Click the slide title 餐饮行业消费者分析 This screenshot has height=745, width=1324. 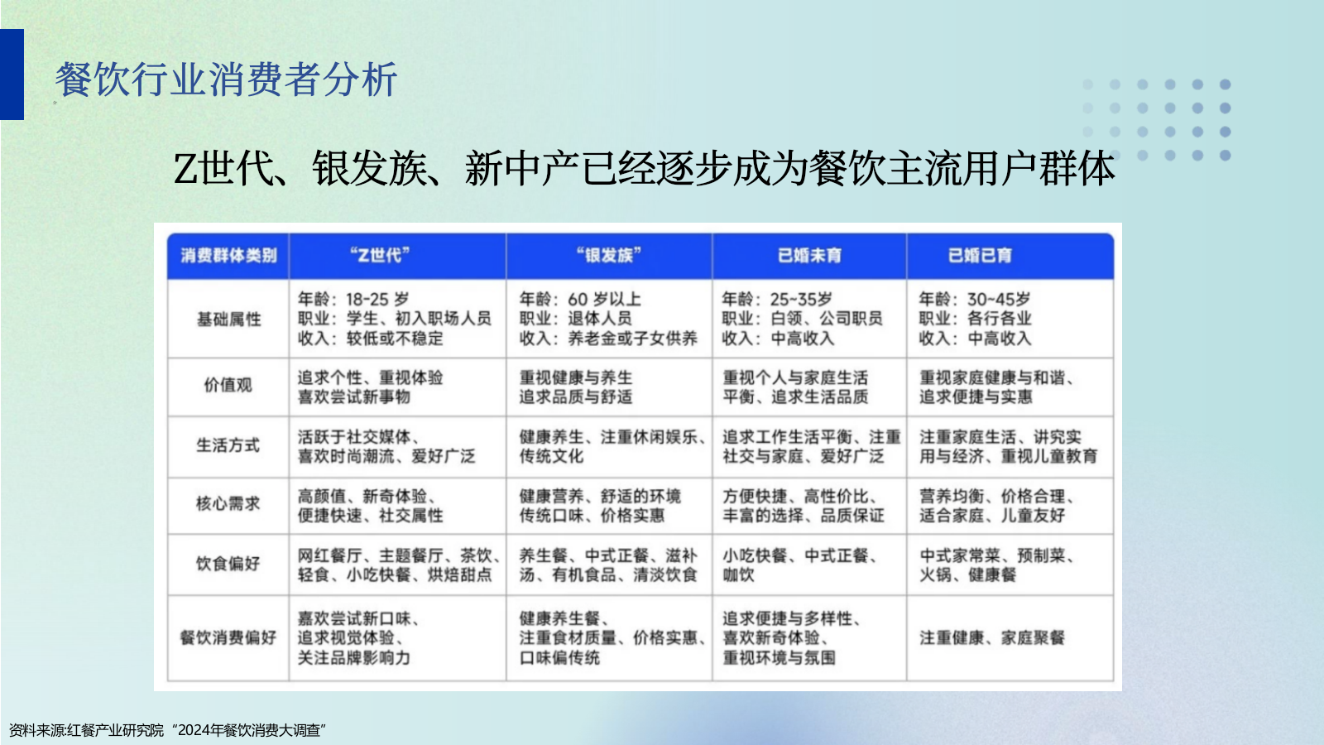click(x=226, y=80)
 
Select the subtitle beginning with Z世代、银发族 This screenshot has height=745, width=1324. click(x=644, y=169)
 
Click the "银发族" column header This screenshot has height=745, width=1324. click(x=609, y=256)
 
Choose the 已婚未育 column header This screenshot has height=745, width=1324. click(x=809, y=256)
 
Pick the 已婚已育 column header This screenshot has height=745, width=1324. click(x=980, y=256)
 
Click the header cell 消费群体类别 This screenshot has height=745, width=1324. click(x=228, y=256)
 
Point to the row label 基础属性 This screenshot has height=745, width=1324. click(x=228, y=319)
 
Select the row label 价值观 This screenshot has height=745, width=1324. click(x=228, y=385)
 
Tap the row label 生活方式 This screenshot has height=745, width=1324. click(x=228, y=445)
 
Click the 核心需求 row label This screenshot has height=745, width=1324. click(x=228, y=503)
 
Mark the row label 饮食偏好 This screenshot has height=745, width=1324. click(x=228, y=564)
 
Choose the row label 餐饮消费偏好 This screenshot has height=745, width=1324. click(x=228, y=637)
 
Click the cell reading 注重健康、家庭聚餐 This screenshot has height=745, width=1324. click(x=992, y=637)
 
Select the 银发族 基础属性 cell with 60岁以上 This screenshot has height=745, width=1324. click(x=607, y=319)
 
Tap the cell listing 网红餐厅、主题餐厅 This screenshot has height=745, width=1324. click(x=397, y=565)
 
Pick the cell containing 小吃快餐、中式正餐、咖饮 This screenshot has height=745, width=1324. click(x=799, y=565)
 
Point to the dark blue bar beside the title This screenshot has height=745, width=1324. click(x=12, y=74)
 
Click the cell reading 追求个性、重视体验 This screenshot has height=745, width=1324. click(x=371, y=387)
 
